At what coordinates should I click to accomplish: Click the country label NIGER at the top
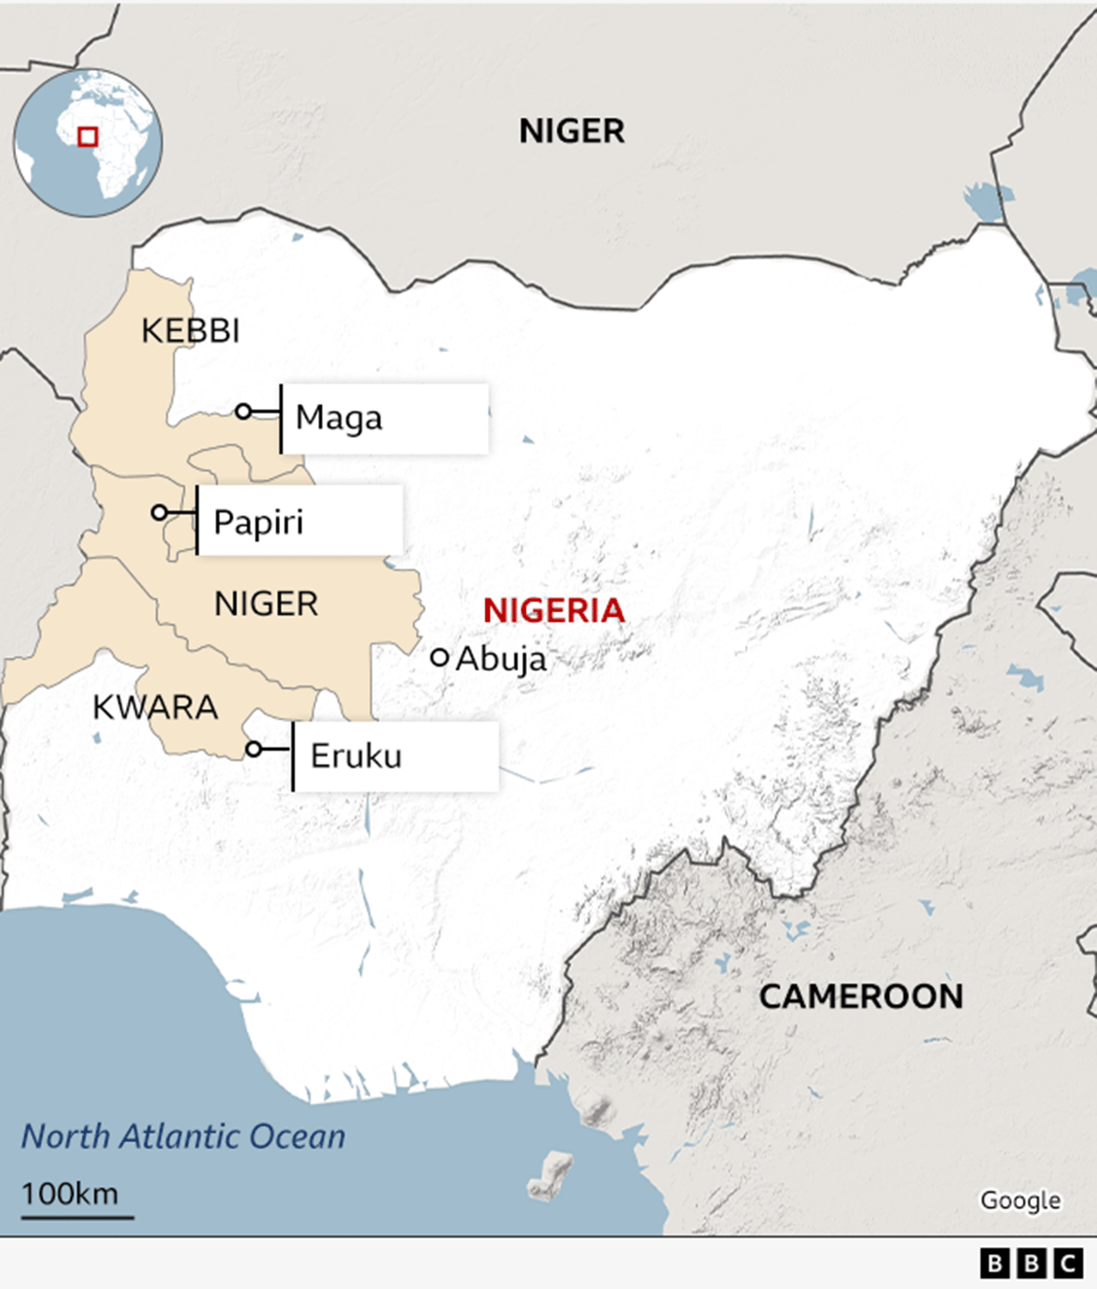click(572, 131)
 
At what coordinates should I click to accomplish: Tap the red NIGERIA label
click(554, 611)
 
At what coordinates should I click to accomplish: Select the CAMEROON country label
click(860, 997)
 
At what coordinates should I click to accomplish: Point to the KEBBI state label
click(190, 331)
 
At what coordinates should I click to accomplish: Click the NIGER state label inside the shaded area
click(266, 604)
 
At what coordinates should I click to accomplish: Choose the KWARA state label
click(155, 708)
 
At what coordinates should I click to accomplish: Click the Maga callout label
click(339, 418)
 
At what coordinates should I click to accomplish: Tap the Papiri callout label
click(258, 522)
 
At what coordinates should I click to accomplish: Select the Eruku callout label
click(356, 756)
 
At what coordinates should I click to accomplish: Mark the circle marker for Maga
click(243, 411)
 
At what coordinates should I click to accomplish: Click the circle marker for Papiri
click(159, 513)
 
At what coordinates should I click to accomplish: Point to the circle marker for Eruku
click(254, 749)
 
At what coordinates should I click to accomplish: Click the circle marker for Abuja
click(440, 657)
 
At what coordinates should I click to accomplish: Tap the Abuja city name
click(501, 659)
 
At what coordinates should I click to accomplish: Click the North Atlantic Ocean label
click(183, 1136)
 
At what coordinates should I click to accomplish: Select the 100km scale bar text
click(69, 1194)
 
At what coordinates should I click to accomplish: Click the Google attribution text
click(1020, 1200)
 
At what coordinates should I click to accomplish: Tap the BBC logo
click(1031, 1263)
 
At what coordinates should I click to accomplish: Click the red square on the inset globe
click(87, 137)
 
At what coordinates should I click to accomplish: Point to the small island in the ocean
click(550, 1175)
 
